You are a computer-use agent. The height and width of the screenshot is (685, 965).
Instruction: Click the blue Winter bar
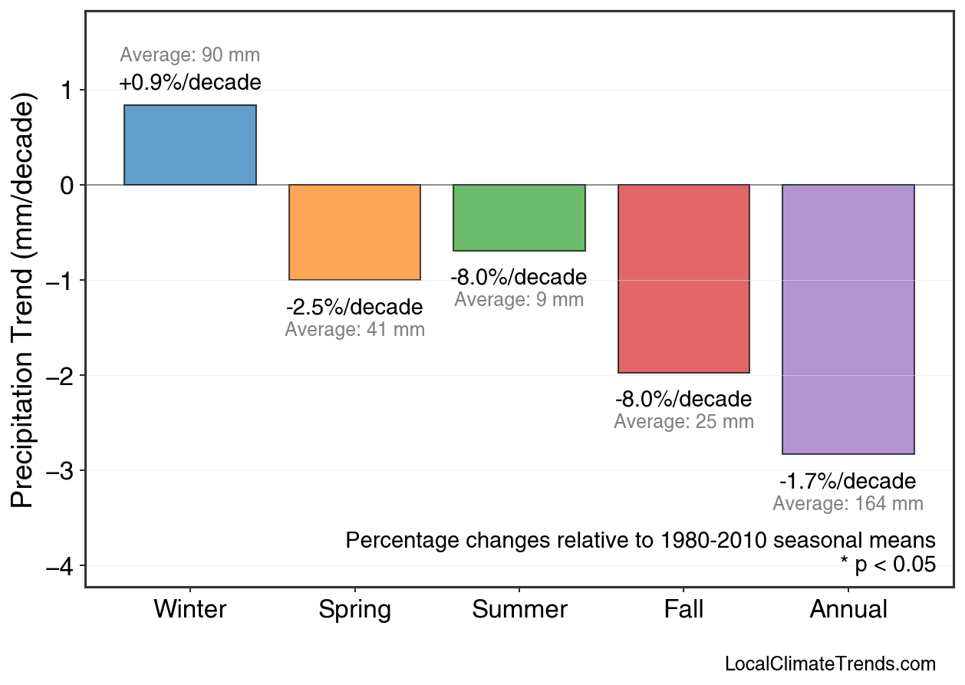click(x=190, y=145)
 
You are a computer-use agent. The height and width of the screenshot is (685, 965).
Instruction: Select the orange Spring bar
click(x=354, y=232)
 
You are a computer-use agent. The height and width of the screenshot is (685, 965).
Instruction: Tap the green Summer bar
click(x=519, y=218)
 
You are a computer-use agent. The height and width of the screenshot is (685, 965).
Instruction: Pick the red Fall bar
click(x=683, y=278)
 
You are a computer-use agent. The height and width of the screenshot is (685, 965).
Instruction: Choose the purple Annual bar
click(x=848, y=319)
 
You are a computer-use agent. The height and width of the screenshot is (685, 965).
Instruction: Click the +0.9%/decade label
click(x=190, y=82)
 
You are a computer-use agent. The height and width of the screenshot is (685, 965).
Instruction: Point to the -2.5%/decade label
click(x=354, y=308)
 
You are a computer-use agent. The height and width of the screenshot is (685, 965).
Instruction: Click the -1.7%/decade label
click(x=848, y=482)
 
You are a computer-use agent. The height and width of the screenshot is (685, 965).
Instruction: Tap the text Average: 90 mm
click(x=190, y=55)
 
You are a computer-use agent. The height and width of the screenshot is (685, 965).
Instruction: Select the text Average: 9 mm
click(x=519, y=300)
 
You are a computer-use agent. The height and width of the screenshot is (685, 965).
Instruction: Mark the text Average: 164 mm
click(x=848, y=504)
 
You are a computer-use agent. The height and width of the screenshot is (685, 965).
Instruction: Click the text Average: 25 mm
click(x=683, y=422)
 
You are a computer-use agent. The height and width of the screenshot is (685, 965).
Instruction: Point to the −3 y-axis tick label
click(x=62, y=470)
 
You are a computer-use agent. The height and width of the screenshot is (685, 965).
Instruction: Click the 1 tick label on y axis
click(x=67, y=91)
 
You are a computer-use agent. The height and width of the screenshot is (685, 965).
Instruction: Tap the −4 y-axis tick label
click(x=62, y=566)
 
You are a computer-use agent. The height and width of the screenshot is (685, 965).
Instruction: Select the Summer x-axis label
click(x=519, y=610)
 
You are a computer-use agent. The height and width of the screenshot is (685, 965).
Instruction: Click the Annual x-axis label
click(x=848, y=610)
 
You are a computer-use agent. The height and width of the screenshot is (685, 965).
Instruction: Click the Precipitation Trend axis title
click(x=24, y=301)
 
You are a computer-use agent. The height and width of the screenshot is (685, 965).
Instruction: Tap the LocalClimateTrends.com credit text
click(x=830, y=664)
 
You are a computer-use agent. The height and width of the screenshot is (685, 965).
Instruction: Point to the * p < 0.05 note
click(x=888, y=565)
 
